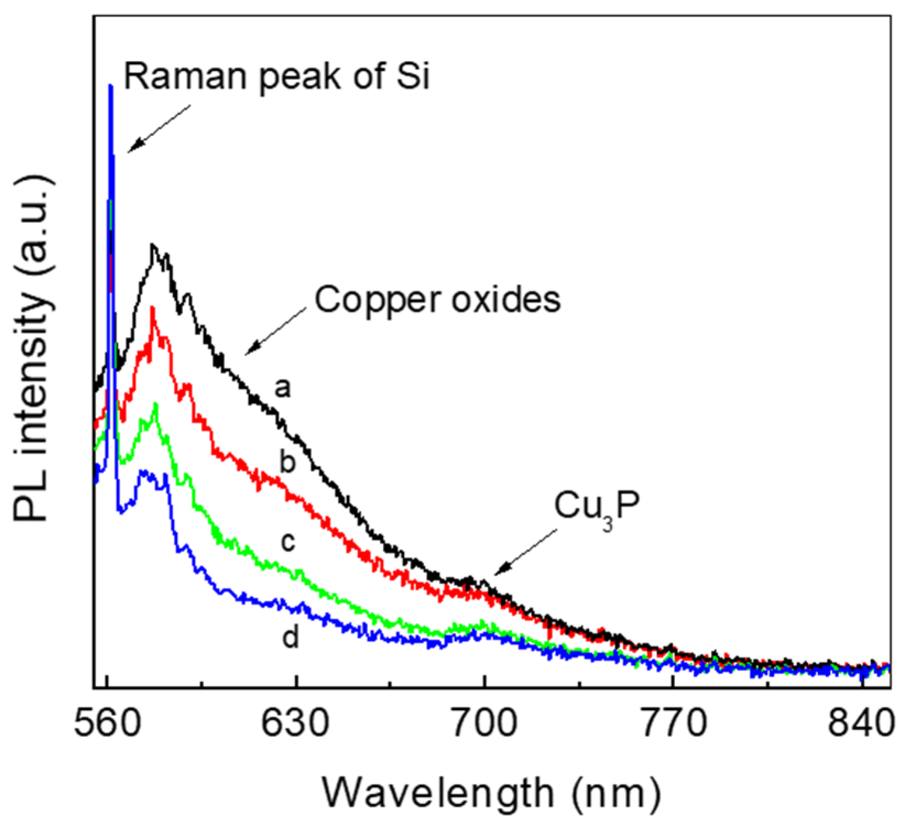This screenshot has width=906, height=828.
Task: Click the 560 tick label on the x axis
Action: pyautogui.click(x=108, y=725)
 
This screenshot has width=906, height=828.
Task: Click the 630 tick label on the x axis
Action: pyautogui.click(x=296, y=725)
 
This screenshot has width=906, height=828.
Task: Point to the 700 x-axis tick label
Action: pyautogui.click(x=484, y=725)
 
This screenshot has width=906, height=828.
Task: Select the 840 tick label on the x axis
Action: pyautogui.click(x=860, y=725)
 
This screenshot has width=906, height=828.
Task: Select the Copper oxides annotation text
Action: pyautogui.click(x=437, y=301)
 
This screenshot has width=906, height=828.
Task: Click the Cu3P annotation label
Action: pyautogui.click(x=597, y=507)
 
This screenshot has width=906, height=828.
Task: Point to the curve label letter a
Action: pyautogui.click(x=282, y=389)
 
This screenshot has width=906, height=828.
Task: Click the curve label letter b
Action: pyautogui.click(x=287, y=461)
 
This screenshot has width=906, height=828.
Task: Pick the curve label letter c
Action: pyautogui.click(x=288, y=542)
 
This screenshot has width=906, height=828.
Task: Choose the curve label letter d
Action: pyautogui.click(x=290, y=637)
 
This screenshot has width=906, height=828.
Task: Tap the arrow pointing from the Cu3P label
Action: pyautogui.click(x=525, y=553)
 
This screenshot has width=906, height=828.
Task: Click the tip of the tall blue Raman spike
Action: pyautogui.click(x=111, y=86)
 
